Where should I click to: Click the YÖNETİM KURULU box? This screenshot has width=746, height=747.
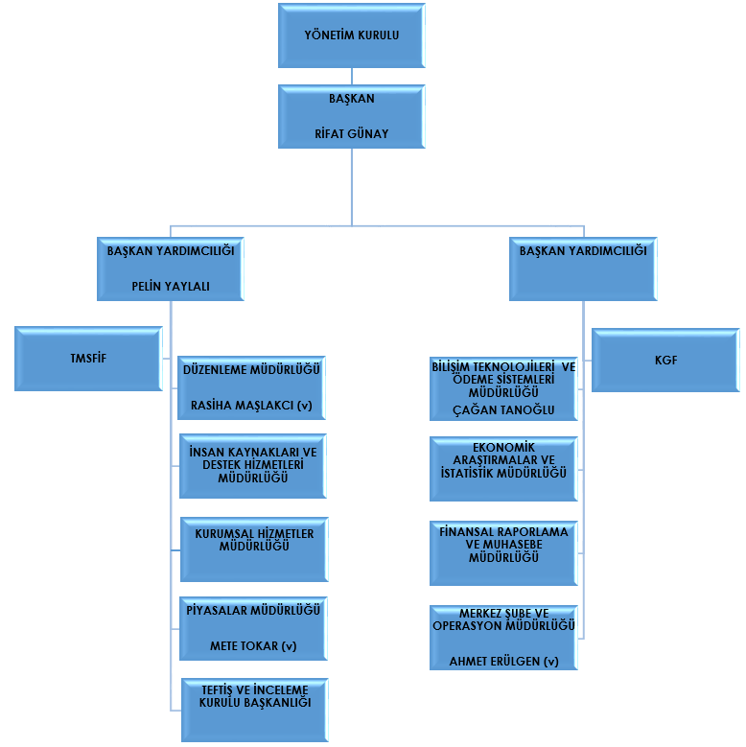coord(351,35)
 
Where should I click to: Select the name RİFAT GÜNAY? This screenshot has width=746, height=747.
coord(351,133)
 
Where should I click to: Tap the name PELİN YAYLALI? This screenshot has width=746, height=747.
coord(171,286)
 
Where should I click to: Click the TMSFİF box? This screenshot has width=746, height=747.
coord(88,358)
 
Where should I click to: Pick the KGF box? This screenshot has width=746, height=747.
coord(665,361)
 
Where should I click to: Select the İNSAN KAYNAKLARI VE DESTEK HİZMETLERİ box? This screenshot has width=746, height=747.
coord(253,465)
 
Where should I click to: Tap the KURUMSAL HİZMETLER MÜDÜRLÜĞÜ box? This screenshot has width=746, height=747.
coord(253,548)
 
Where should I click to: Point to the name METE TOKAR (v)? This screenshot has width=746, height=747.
coord(253,645)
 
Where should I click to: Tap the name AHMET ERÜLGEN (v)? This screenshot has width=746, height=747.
coord(503,661)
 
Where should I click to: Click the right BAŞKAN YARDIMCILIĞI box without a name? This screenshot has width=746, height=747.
coord(582,268)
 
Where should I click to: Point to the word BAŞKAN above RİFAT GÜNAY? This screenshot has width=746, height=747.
coord(351,99)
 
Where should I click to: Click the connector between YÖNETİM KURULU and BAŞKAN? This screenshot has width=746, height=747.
coord(351,76)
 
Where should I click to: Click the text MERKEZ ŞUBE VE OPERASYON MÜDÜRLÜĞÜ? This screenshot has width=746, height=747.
coord(503,619)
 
